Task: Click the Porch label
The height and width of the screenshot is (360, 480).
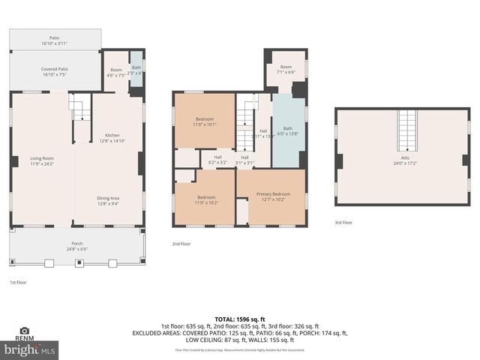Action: pos(77,245)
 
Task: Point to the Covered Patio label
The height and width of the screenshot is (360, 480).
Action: pos(54,72)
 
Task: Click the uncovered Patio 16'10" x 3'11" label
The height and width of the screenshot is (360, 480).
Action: pos(54,40)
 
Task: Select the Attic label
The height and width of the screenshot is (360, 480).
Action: pos(406,161)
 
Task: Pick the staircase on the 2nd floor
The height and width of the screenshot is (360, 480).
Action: pos(245,120)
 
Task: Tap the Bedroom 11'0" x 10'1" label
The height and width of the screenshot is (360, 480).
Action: pos(205,122)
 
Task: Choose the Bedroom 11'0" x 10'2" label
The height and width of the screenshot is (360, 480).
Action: pos(205,200)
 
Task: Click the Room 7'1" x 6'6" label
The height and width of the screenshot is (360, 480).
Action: pos(286,70)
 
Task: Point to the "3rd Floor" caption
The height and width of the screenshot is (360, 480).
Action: pos(343,223)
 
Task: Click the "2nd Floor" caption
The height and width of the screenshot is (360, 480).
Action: pos(181,244)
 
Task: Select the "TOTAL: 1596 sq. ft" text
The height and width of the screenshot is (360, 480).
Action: pos(240,319)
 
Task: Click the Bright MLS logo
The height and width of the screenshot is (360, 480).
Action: pos(30,350)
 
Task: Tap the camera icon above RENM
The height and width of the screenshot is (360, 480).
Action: pos(24,330)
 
